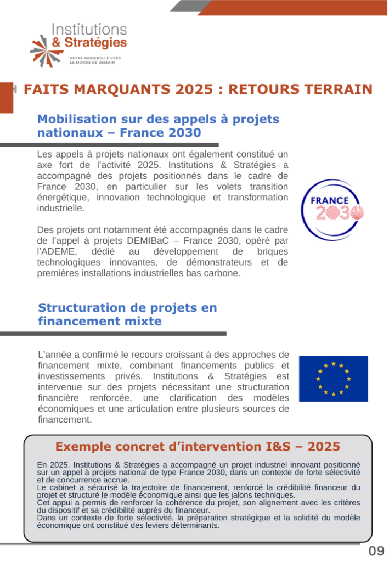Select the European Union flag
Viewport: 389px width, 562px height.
point(333,379)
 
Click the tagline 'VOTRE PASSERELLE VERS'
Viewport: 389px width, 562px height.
point(95,58)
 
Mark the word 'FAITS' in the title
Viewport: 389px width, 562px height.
point(43,89)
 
